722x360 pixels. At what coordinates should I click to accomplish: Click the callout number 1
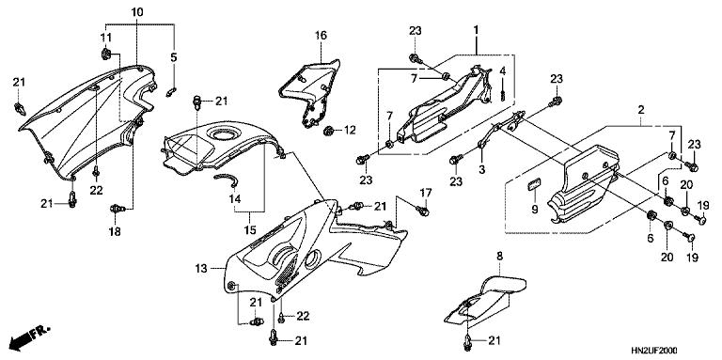(x=476, y=32)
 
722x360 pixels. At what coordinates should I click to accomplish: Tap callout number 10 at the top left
(x=137, y=11)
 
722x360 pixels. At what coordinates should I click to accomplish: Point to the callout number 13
(x=200, y=269)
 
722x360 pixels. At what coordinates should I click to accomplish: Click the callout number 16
(x=321, y=36)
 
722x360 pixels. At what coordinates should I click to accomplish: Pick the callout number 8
(x=499, y=256)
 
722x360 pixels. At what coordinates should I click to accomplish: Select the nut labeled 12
(x=328, y=131)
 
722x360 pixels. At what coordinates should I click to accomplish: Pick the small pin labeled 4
(x=504, y=90)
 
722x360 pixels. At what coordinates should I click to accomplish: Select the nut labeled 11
(x=106, y=53)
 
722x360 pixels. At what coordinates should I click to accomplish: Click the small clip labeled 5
(x=171, y=90)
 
